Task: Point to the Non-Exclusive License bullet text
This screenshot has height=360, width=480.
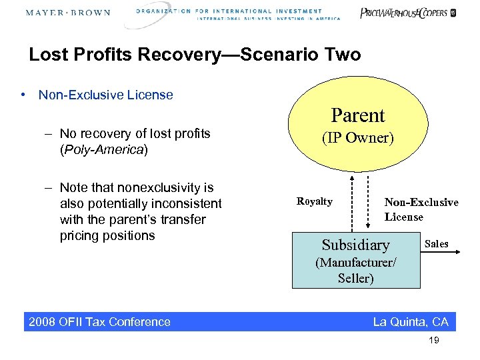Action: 105,95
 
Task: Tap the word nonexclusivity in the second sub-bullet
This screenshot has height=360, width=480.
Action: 155,187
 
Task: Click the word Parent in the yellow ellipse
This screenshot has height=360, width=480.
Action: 358,115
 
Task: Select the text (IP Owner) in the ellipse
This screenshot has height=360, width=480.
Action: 358,139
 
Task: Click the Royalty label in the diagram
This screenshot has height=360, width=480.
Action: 314,201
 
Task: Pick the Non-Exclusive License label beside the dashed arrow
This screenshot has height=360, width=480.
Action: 421,209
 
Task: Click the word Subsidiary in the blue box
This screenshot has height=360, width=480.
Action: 355,245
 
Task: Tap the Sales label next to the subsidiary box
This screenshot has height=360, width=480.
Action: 437,243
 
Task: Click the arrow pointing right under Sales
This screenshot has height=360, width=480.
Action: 441,253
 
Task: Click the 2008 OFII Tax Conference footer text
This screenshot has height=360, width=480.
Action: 99,322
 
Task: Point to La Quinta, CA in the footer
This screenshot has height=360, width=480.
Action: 411,322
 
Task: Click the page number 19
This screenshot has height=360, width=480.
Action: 434,341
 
